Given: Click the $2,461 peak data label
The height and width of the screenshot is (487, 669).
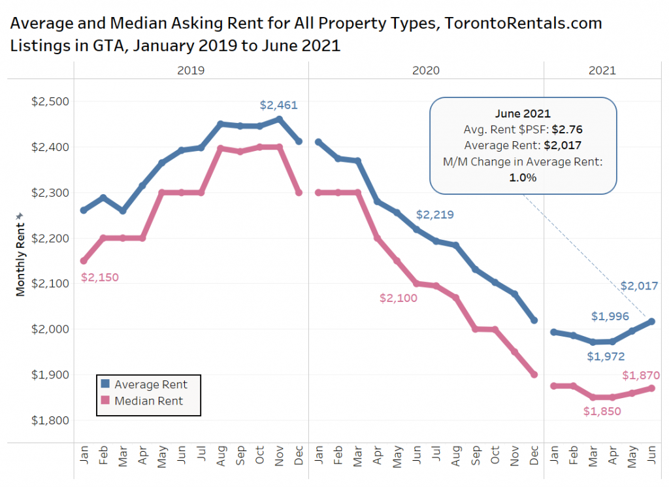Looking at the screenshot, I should (x=279, y=105).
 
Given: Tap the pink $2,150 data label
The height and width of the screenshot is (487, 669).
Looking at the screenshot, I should (x=100, y=277).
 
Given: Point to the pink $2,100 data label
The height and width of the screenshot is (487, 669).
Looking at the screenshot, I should (x=399, y=298).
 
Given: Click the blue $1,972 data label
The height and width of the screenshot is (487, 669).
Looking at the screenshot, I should (x=606, y=357).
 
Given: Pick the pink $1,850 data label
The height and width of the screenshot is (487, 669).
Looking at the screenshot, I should (x=602, y=412).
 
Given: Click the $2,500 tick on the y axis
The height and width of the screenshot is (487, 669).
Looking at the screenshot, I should (x=50, y=102).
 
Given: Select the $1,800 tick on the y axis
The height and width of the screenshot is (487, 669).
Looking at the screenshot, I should (x=50, y=420).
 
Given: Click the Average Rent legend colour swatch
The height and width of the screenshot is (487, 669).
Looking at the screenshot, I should (x=106, y=385).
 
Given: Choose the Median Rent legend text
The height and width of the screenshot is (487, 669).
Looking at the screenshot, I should (x=149, y=401).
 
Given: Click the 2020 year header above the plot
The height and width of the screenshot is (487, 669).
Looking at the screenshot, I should (x=426, y=71).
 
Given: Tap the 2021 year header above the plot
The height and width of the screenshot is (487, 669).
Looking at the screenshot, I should (x=602, y=71).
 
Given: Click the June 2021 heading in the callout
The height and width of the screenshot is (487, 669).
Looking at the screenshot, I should (x=523, y=114).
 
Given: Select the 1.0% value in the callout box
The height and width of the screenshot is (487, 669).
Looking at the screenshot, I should (x=523, y=177).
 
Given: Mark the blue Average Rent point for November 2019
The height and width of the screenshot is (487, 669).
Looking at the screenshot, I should (x=280, y=119).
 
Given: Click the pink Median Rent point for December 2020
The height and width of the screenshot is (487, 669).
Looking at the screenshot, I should (x=534, y=375).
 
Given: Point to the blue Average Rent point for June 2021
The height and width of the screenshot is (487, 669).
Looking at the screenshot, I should (x=652, y=321).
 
